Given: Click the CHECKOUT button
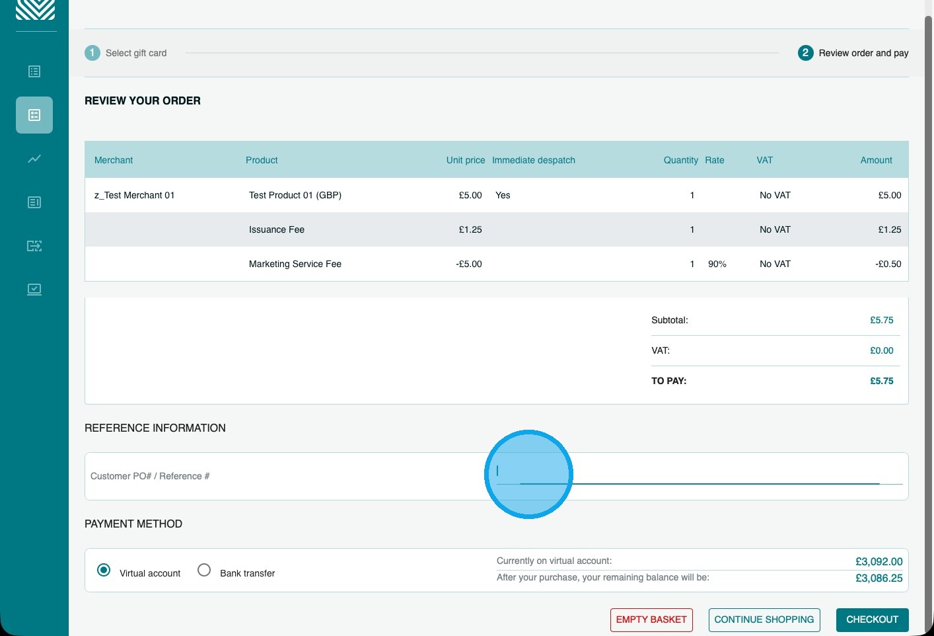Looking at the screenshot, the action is click(872, 619).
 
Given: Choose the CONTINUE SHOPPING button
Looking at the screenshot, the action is click(764, 619).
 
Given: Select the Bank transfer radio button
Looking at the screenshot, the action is click(204, 570).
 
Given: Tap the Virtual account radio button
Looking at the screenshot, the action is click(104, 570).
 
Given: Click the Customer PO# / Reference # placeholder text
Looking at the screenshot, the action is click(150, 476).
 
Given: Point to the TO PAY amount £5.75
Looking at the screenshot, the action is click(881, 381).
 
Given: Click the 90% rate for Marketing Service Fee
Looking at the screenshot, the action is click(717, 264).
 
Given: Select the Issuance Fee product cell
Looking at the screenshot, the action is click(277, 229).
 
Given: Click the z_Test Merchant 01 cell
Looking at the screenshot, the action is click(134, 195).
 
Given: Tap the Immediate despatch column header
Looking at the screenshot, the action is click(533, 160).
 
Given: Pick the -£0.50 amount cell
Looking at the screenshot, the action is click(888, 264).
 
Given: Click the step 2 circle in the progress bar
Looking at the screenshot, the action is click(805, 53).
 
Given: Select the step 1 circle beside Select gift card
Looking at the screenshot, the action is click(92, 53).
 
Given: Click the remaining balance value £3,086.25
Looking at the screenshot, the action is click(879, 578).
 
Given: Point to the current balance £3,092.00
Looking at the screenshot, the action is click(879, 562).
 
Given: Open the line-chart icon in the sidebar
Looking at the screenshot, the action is click(34, 159).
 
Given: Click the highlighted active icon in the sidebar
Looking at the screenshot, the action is click(34, 115).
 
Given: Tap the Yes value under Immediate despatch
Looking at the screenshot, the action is click(503, 195).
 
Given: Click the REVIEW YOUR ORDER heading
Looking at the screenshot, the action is click(143, 101).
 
